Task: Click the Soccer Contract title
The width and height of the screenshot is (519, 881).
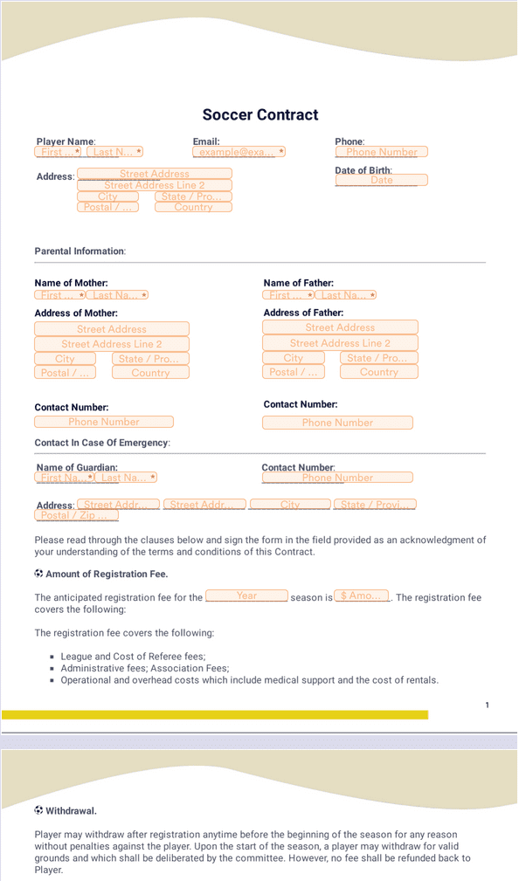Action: click(x=260, y=114)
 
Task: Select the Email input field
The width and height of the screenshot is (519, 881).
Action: click(x=239, y=152)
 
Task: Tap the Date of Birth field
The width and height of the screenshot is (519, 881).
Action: click(x=382, y=180)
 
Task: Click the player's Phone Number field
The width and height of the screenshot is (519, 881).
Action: click(x=382, y=152)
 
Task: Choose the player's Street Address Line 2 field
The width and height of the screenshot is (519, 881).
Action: click(x=155, y=185)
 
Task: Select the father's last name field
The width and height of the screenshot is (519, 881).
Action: click(x=347, y=295)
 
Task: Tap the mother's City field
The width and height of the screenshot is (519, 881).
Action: click(x=65, y=359)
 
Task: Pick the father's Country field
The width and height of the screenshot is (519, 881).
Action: click(x=378, y=372)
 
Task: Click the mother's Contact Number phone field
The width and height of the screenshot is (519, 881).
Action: click(x=104, y=422)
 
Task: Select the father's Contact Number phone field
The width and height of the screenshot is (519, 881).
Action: click(x=337, y=423)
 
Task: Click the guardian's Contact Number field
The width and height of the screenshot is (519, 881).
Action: click(x=337, y=478)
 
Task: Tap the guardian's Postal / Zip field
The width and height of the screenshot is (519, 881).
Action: click(x=76, y=515)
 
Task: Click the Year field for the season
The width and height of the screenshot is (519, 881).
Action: click(x=246, y=596)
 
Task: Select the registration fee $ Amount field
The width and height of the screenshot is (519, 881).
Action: click(x=362, y=596)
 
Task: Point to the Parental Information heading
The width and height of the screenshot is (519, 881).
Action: click(x=80, y=251)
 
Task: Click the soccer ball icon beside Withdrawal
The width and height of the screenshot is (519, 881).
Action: click(x=38, y=810)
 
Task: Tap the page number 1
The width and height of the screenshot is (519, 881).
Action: click(x=487, y=705)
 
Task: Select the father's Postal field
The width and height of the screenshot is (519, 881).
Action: click(x=294, y=372)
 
